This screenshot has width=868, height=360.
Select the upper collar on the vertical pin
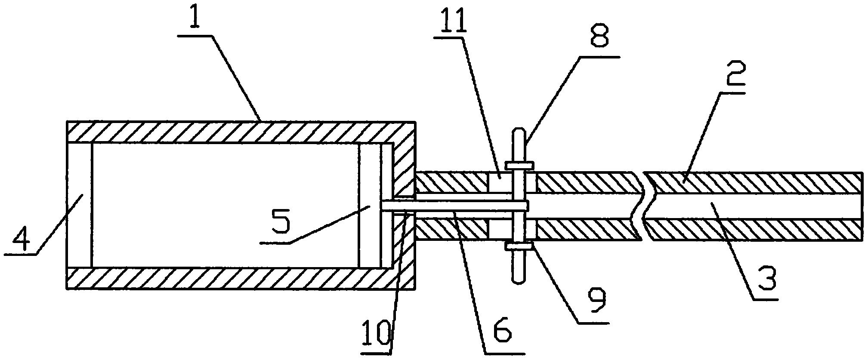519,165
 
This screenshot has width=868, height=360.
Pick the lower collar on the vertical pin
519,246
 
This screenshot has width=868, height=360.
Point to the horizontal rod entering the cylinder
448,206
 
